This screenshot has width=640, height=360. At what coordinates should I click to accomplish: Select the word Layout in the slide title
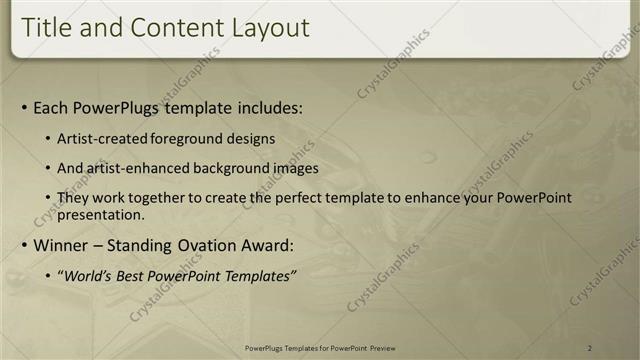pos(268,28)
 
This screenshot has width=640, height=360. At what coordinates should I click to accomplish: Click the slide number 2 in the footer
pos(590,348)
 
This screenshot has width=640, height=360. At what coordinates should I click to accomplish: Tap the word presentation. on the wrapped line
pos(101,215)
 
